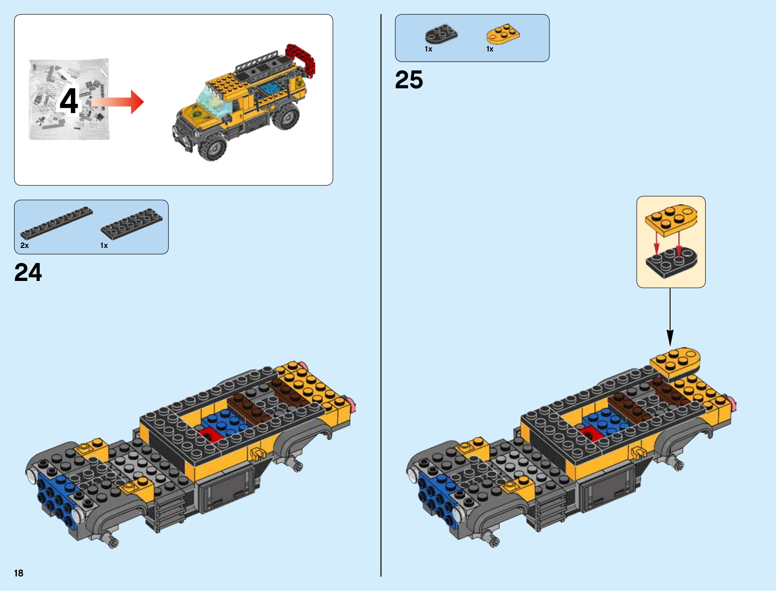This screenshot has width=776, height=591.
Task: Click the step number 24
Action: tap(28, 272)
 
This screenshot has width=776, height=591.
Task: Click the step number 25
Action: tap(409, 80)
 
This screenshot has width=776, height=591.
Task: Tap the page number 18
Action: tap(19, 573)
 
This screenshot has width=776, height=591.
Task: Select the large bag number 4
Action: tap(68, 101)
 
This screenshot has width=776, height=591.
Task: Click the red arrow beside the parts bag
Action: tap(117, 102)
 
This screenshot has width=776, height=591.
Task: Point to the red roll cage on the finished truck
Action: tap(301, 59)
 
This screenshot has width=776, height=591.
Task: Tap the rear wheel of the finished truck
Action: tap(286, 117)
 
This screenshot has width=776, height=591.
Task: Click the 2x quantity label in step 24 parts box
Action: tap(24, 246)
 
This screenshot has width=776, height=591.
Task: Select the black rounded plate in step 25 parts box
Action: tap(441, 34)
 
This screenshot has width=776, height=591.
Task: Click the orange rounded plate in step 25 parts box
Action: tap(503, 34)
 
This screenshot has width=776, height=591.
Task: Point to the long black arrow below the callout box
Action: tap(670, 317)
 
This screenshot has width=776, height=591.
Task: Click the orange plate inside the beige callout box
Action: tap(671, 220)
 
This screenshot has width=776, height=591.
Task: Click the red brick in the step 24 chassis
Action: tap(210, 435)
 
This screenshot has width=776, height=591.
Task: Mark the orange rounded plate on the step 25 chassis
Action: tap(675, 364)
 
